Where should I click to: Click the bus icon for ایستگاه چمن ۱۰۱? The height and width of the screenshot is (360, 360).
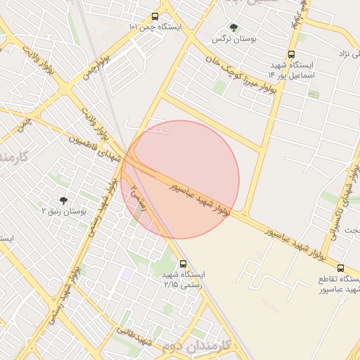155,16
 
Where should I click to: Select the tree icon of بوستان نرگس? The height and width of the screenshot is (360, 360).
233,27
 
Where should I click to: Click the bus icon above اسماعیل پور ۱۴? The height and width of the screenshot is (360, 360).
291,54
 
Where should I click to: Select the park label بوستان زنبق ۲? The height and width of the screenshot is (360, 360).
63,211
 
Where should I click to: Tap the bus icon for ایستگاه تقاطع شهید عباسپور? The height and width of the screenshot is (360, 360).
340,268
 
